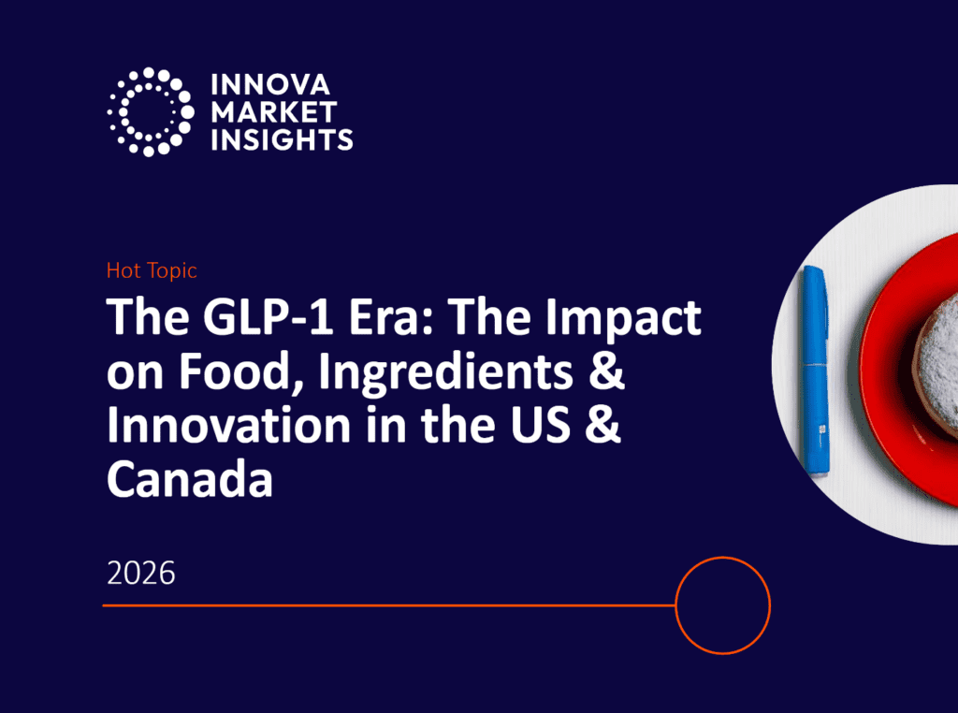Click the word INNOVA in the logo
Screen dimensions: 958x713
(270, 85)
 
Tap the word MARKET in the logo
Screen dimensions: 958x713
(274, 112)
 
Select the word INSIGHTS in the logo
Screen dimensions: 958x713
(282, 140)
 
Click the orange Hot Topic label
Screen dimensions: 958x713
(152, 270)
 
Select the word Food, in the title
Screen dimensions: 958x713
(242, 371)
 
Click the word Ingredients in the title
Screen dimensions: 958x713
(446, 372)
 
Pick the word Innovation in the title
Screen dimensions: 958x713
(229, 425)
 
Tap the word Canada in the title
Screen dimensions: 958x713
(189, 478)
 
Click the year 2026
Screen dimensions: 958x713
(141, 573)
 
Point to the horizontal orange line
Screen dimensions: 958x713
(389, 604)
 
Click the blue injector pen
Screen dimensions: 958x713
(816, 371)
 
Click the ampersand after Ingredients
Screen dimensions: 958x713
(606, 371)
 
